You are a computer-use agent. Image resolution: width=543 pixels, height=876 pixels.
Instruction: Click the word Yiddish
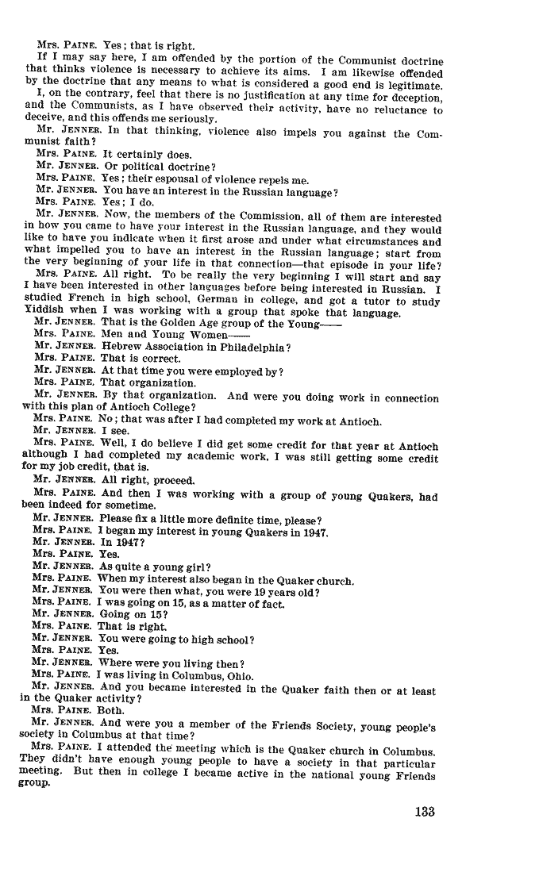point(42,312)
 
